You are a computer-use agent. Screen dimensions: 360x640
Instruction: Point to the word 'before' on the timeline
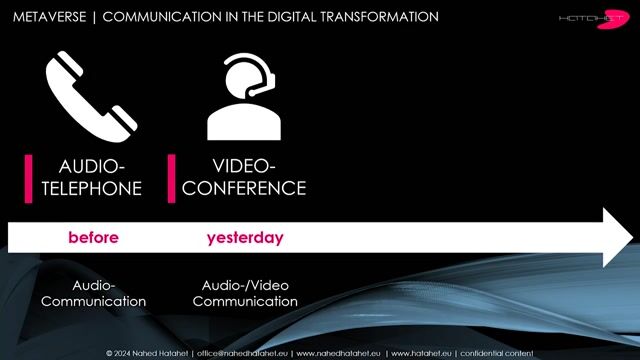pyautogui.click(x=93, y=238)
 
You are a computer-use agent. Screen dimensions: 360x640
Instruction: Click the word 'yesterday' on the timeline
pyautogui.click(x=245, y=238)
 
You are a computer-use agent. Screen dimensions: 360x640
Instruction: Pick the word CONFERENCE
pyautogui.click(x=244, y=188)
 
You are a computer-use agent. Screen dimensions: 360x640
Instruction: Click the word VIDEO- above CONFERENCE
pyautogui.click(x=244, y=166)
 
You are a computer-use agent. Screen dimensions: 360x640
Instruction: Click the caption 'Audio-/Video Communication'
pyautogui.click(x=245, y=293)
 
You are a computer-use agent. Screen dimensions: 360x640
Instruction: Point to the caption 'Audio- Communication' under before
pyautogui.click(x=94, y=293)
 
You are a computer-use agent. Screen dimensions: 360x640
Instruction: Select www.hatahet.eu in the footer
pyautogui.click(x=420, y=353)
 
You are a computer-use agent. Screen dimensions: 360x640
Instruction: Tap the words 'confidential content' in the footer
pyautogui.click(x=499, y=353)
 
